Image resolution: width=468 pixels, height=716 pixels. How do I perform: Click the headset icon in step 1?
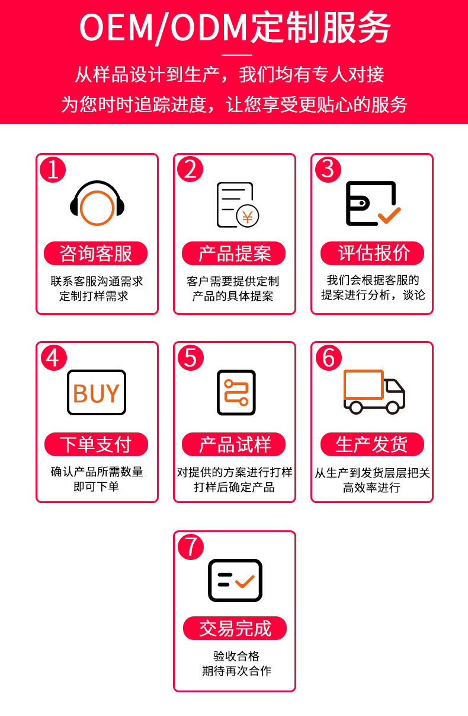97,203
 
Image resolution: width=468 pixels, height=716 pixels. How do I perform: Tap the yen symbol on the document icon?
248,217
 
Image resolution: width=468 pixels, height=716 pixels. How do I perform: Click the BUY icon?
97,393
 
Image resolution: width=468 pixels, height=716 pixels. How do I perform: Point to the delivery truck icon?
374,392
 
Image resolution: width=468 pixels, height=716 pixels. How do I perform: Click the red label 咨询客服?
96,253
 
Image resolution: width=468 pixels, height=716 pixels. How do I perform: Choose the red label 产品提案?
234,253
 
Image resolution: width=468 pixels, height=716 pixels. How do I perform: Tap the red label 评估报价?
372,253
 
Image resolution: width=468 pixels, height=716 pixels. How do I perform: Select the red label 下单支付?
96,444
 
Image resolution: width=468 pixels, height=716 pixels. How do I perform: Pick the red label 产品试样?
234,444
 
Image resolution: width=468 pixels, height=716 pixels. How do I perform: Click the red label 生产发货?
372,444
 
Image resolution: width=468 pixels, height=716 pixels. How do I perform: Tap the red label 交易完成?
235,628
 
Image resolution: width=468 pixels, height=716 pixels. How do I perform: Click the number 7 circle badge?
191,546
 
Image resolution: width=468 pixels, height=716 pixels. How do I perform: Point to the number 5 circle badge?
191,358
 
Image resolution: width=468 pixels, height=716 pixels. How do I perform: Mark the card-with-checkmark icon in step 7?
235,580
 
